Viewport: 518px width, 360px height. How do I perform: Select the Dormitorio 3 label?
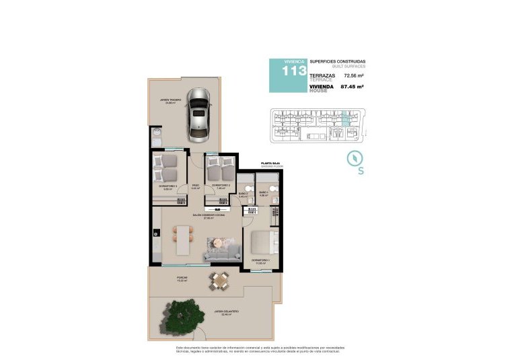tap(168, 186)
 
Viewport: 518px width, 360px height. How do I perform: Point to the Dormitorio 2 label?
tap(221, 186)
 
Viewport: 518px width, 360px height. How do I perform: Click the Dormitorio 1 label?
tap(261, 260)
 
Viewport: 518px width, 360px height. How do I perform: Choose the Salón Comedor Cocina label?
tap(204, 216)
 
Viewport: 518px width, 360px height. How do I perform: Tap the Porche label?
tap(182, 278)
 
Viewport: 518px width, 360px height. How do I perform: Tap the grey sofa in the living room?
tap(222, 253)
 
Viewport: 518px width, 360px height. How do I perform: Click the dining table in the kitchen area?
tap(183, 239)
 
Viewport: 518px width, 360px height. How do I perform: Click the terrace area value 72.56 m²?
tap(353, 76)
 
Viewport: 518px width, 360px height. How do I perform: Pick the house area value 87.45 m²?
tap(353, 87)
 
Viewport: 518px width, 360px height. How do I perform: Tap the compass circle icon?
tap(355, 157)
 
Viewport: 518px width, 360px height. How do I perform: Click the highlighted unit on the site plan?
tap(345, 119)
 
